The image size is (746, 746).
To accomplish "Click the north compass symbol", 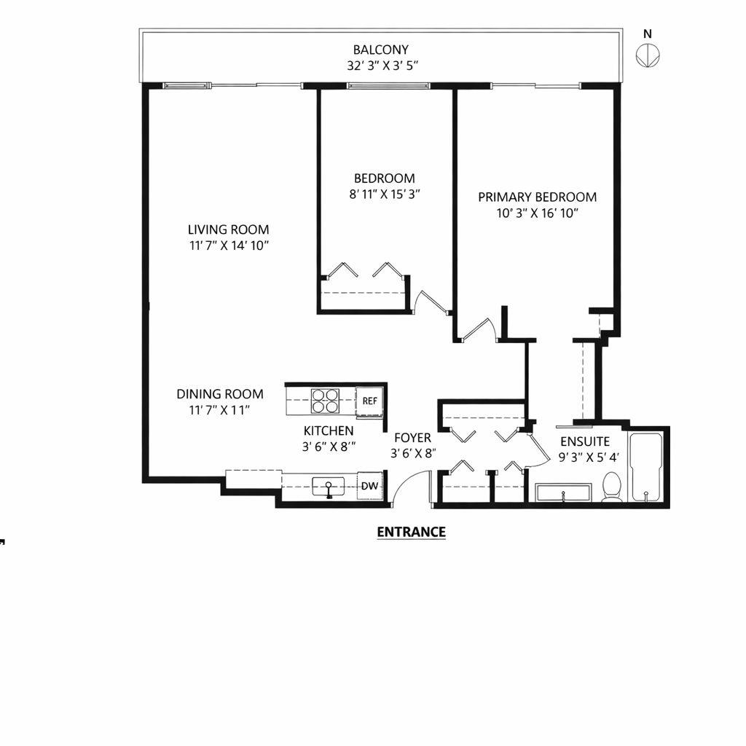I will pyautogui.click(x=648, y=55).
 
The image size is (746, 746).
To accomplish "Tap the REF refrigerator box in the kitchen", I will pyautogui.click(x=369, y=400).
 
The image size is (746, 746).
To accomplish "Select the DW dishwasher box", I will pyautogui.click(x=369, y=486).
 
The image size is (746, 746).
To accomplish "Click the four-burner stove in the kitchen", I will pyautogui.click(x=325, y=401).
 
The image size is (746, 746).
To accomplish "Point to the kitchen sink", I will pyautogui.click(x=329, y=487).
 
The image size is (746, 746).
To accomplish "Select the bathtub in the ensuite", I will pyautogui.click(x=646, y=467).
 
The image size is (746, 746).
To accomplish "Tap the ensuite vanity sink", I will pyautogui.click(x=563, y=493).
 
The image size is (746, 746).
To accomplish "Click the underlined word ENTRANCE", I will pyautogui.click(x=411, y=532).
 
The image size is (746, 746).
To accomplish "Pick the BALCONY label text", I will pyautogui.click(x=380, y=50).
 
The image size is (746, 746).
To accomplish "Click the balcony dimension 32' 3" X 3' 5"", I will pyautogui.click(x=382, y=66).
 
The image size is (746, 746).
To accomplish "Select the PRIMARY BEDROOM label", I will pyautogui.click(x=537, y=197).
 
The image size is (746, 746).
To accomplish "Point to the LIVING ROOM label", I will pyautogui.click(x=228, y=229).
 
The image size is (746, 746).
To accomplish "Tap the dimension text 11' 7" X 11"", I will pyautogui.click(x=219, y=410).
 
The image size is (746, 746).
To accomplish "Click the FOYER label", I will pyautogui.click(x=412, y=438).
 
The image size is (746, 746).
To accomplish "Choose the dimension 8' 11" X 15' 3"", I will pyautogui.click(x=385, y=195).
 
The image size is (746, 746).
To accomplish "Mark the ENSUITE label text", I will pyautogui.click(x=584, y=441).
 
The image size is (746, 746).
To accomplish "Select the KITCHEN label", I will pyautogui.click(x=329, y=431).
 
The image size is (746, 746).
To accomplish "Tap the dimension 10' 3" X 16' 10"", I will pyautogui.click(x=538, y=213).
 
